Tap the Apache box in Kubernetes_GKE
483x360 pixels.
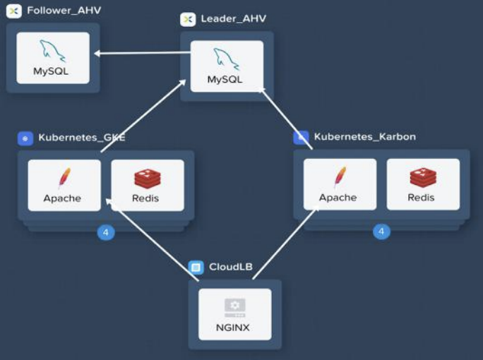click(x=64, y=185)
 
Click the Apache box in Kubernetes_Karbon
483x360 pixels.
click(x=340, y=184)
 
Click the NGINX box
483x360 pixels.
click(x=234, y=314)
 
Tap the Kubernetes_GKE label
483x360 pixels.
click(x=81, y=138)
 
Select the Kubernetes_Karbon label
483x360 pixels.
click(x=364, y=137)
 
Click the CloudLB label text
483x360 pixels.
click(x=230, y=268)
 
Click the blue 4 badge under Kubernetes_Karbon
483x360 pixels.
click(x=381, y=231)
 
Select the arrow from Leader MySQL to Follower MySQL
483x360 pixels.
click(x=141, y=53)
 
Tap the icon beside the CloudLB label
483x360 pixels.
click(x=196, y=268)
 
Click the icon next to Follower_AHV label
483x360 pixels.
click(x=13, y=11)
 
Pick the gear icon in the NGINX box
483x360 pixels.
click(x=234, y=305)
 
